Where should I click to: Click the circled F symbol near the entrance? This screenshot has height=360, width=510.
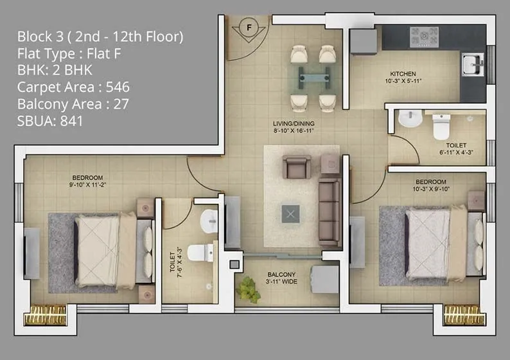[249, 28]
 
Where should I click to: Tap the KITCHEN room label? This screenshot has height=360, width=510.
[403, 74]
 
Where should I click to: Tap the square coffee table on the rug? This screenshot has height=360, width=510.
[291, 214]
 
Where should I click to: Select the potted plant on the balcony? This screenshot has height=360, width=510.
[247, 290]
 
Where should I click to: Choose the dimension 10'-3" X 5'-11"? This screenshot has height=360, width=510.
[403, 82]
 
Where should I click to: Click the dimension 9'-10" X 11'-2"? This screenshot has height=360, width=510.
[87, 185]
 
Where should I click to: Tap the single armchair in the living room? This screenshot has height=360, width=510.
[297, 166]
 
